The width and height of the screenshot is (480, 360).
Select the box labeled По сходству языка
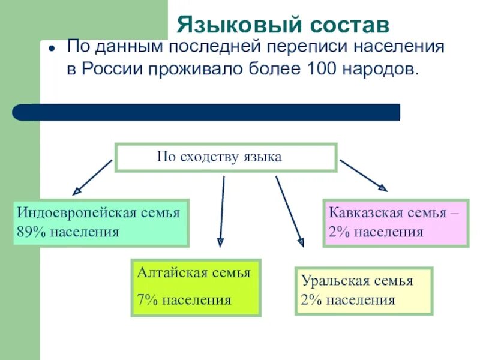click(226, 157)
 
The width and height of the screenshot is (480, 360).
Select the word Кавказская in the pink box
click(362, 213)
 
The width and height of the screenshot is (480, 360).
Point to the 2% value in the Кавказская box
click(339, 232)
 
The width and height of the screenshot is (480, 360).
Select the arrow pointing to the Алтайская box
click(222, 210)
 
